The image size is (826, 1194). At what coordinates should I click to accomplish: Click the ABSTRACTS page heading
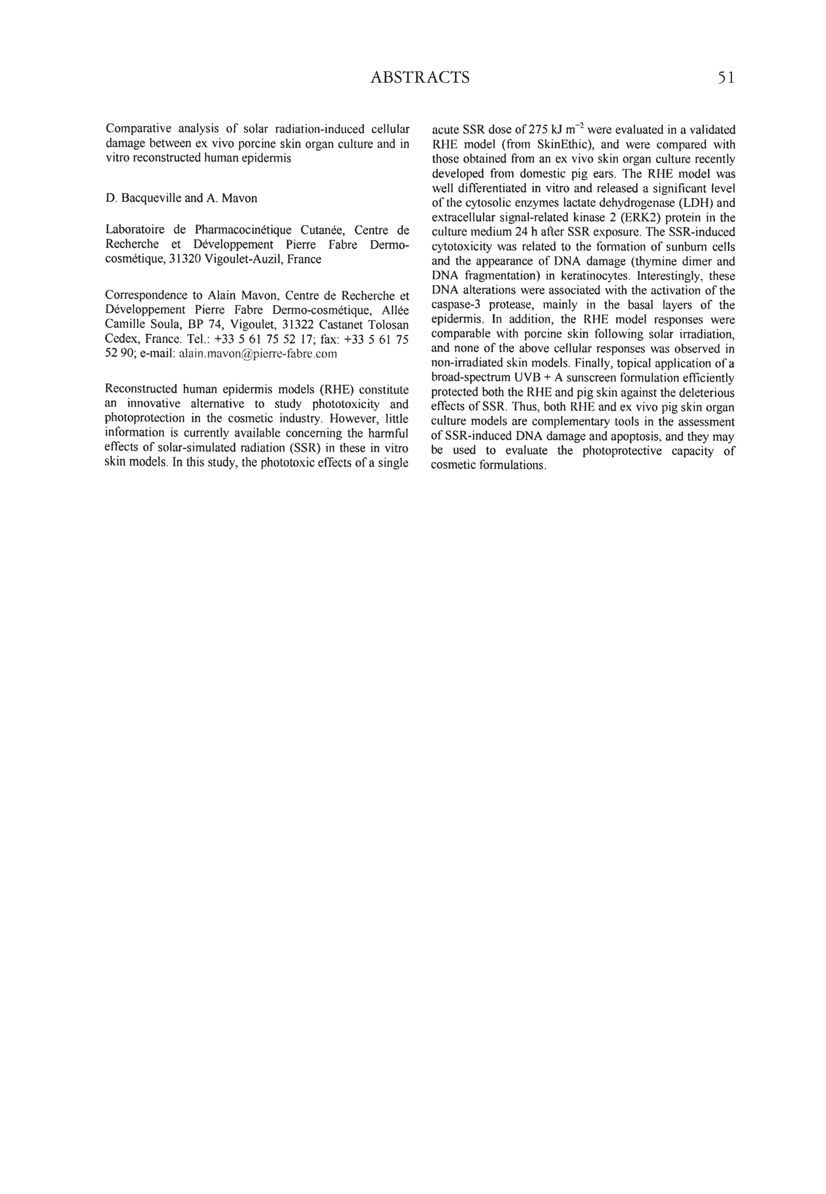pos(420,78)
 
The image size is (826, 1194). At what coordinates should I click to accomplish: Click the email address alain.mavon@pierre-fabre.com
pos(257,354)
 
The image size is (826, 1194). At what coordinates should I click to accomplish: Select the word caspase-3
pos(456,305)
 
